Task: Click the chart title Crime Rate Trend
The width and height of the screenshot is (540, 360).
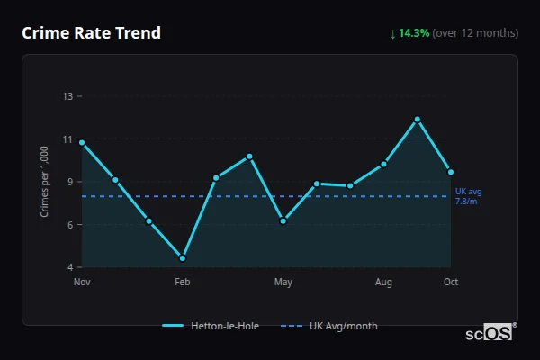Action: coord(91,33)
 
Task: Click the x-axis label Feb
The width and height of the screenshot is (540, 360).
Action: coord(183,283)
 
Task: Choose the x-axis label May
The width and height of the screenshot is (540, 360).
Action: coord(283,283)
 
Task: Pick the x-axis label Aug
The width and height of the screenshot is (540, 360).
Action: coord(383,283)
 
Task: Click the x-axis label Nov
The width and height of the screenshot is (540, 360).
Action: coord(82,283)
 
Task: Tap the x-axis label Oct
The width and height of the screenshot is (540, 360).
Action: coord(451,283)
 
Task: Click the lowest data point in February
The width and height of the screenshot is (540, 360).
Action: coord(183,258)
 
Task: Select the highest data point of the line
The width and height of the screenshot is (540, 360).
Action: coord(418,119)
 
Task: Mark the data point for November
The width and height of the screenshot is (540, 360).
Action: coord(82,142)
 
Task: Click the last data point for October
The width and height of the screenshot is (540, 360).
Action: coord(451,172)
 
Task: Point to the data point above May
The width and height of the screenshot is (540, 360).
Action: coord(283,220)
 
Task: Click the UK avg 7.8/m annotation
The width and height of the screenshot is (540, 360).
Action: coord(468,196)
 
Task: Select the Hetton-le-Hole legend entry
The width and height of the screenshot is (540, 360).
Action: coord(211,326)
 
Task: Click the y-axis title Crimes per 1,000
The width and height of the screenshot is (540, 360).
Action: coord(45,182)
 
